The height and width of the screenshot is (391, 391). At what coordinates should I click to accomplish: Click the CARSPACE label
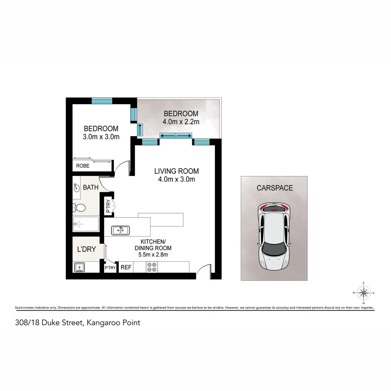coord(274,188)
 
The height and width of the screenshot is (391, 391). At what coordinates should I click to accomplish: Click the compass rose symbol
coord(363,293)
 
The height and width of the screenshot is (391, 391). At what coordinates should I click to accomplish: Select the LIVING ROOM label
coord(176,171)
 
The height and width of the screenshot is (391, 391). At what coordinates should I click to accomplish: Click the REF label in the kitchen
coord(126,268)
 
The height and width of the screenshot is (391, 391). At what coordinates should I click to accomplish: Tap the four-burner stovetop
coord(152,267)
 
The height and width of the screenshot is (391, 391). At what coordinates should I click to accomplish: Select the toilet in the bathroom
coord(79,208)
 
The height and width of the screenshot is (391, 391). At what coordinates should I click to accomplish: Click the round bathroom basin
coord(77,188)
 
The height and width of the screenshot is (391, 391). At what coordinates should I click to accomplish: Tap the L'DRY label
coord(87,249)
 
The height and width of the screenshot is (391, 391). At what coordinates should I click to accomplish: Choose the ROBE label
coord(83,166)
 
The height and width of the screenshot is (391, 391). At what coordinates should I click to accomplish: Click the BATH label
coord(91,188)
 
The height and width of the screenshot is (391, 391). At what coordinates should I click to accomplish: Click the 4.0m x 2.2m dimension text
coord(181,122)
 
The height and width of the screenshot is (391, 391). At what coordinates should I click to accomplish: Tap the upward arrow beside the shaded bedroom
coord(140,129)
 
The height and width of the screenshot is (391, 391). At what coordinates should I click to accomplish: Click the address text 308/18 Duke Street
coord(77,323)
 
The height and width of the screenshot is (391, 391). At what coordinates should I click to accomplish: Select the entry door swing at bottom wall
coord(203,272)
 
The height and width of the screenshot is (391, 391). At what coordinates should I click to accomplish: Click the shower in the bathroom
coord(86,224)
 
